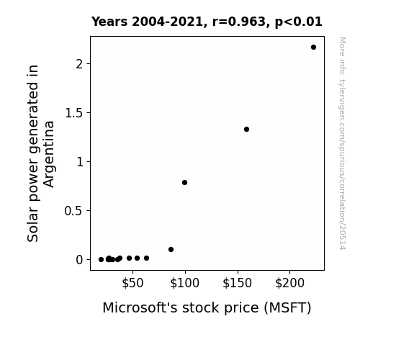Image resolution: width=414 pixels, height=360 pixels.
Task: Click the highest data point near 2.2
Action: click(313, 48)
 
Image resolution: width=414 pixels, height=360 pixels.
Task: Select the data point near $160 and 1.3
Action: click(246, 129)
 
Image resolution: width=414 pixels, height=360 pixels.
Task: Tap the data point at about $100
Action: click(184, 182)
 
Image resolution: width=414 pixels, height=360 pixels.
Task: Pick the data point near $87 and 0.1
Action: click(171, 249)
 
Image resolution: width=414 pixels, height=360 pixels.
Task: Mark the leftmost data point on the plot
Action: click(101, 260)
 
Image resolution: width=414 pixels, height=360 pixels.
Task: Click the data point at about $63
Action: click(147, 258)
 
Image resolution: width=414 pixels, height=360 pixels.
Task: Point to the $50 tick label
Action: click(132, 283)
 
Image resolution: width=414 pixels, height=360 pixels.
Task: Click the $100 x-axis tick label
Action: click(184, 283)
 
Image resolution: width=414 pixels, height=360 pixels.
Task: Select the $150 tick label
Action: click(237, 283)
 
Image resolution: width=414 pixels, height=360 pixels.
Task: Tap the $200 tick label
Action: click(289, 283)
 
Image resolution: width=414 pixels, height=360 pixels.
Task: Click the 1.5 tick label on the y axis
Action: click(74, 113)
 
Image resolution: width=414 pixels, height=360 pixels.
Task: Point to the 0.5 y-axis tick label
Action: click(73, 211)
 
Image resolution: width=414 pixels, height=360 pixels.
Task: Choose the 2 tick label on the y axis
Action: click(79, 64)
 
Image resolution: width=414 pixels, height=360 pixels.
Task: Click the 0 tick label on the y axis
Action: click(79, 260)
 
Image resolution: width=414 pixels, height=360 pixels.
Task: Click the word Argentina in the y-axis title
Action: click(49, 154)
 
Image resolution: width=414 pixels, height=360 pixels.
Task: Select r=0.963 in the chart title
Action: click(239, 22)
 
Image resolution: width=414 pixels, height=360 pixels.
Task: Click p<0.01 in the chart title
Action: click(299, 22)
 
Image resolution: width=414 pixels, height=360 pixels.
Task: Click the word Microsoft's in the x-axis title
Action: click(140, 307)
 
